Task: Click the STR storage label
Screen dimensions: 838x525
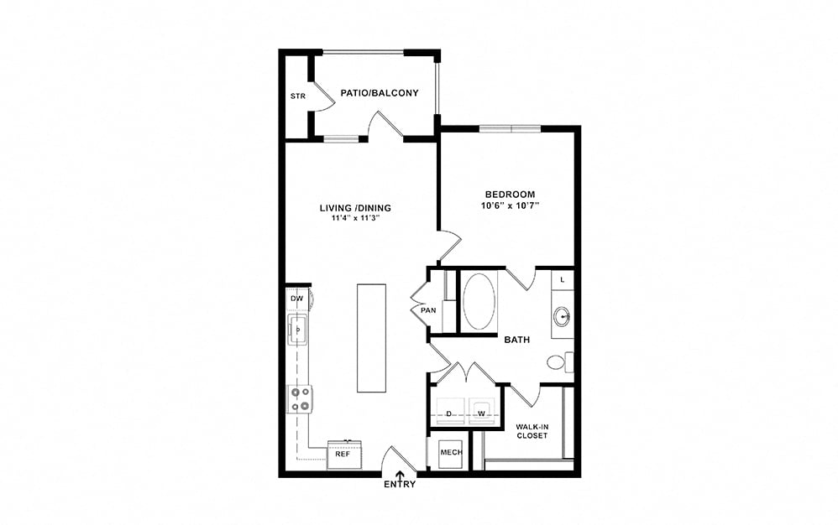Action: pos(298,96)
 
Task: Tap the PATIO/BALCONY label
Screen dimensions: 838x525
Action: pos(380,93)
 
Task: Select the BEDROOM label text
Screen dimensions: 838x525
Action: pos(510,195)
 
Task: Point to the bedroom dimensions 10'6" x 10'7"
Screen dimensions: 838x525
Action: pos(510,205)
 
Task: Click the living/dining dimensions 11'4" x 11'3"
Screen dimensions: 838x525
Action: pos(355,218)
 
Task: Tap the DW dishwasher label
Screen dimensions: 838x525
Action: pos(297,299)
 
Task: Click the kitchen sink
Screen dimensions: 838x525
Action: pos(298,330)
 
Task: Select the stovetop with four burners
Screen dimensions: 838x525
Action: pos(300,399)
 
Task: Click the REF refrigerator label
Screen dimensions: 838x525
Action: pos(343,454)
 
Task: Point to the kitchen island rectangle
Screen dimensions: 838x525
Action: pos(371,338)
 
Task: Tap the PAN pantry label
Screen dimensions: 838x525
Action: pos(428,310)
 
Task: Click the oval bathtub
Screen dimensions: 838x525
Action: pos(479,302)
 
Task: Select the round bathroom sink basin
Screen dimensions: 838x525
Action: pos(562,316)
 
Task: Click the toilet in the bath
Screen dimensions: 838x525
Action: pos(560,362)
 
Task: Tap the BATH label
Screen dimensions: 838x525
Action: pos(517,340)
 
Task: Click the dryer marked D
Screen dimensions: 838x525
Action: pos(449,411)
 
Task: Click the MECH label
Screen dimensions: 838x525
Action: pos(451,452)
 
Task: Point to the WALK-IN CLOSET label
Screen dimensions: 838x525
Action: pos(532,431)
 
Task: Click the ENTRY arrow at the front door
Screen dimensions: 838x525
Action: pos(401,476)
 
